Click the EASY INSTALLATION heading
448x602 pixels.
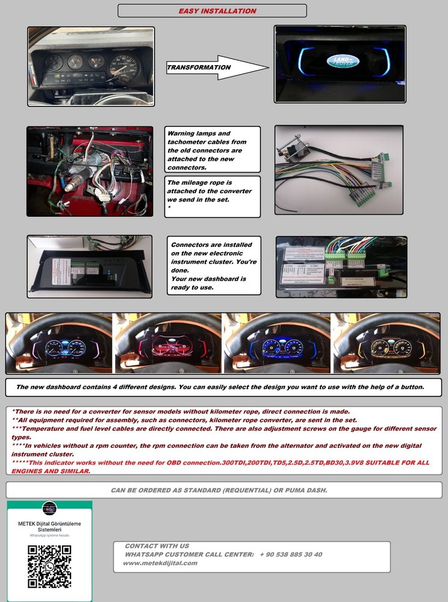tap(217, 11)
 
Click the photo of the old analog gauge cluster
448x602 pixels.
tap(91, 66)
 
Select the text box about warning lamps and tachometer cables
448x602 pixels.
tap(213, 150)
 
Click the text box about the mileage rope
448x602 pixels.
tap(213, 195)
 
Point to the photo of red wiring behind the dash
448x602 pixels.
tap(90, 171)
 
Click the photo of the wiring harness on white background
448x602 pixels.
tap(338, 170)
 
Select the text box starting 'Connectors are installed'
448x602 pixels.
tap(214, 265)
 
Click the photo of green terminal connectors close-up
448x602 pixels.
tap(341, 266)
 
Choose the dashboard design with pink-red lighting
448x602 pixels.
tap(168, 343)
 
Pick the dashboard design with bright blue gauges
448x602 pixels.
tap(277, 343)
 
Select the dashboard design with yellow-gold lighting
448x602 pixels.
tap(386, 343)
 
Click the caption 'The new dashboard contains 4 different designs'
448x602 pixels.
tap(220, 387)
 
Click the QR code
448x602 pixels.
tap(49, 566)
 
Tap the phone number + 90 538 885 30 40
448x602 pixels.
tap(291, 554)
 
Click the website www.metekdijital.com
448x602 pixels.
tap(160, 563)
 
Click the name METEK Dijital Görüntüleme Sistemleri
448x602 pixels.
tap(49, 527)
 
